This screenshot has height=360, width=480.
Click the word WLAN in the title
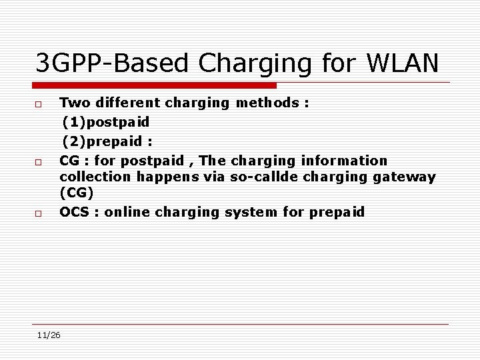[x=403, y=64]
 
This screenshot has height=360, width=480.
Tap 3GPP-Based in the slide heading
[x=109, y=64]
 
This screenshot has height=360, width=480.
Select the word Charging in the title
[x=256, y=65]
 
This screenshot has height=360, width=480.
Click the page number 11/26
[x=49, y=335]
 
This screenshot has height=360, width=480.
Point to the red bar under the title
[x=155, y=85]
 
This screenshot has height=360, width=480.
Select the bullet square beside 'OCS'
[x=39, y=213]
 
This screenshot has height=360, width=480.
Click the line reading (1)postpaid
[x=105, y=122]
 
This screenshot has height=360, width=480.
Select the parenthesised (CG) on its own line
[x=77, y=193]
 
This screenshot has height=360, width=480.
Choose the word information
[x=344, y=161]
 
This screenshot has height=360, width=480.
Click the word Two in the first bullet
[x=75, y=103]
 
